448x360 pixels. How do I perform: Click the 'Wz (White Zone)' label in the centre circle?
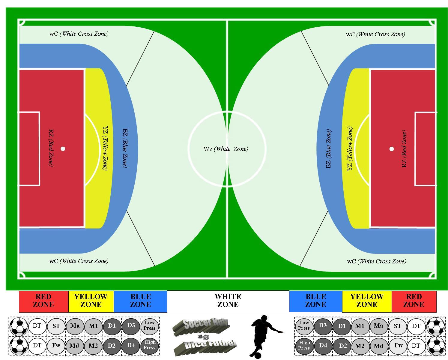[226, 149]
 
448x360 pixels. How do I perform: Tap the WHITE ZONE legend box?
[228, 301]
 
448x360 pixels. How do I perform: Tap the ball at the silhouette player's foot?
[258, 355]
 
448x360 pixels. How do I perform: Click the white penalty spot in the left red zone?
[63, 149]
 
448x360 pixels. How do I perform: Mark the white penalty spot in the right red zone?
[392, 149]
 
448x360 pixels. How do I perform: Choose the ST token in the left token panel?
[56, 326]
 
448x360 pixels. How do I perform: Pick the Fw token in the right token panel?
[398, 346]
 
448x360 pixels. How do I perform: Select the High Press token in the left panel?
[150, 345]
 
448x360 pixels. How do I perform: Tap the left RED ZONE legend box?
[43, 301]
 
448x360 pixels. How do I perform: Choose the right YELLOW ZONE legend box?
[367, 301]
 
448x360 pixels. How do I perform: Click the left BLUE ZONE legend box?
[141, 301]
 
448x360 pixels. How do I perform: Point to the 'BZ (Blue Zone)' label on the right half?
[328, 149]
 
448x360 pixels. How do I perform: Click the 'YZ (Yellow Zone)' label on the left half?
[106, 148]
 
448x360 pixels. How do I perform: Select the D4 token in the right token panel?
[323, 346]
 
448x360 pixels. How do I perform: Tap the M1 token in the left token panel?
[94, 326]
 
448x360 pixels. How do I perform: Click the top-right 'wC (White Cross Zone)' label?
[375, 34]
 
